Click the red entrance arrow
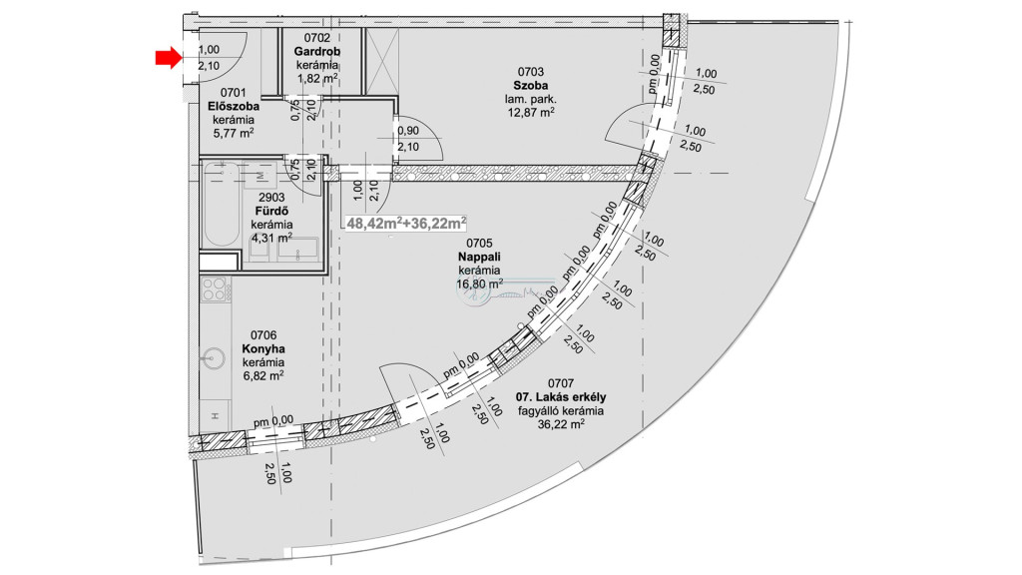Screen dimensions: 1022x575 168,59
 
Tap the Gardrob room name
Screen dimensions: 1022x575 316,52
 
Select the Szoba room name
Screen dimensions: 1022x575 531,86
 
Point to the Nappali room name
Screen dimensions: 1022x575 479,257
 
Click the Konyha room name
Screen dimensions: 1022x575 263,349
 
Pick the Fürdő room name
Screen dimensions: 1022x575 271,212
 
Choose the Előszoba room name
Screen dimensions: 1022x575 234,106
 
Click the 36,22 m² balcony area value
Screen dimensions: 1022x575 561,423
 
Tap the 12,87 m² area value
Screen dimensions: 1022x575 531,112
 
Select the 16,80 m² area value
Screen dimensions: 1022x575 479,284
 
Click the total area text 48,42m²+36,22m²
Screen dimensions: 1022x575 407,223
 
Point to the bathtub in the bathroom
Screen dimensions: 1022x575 221,205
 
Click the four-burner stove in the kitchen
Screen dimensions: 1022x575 215,289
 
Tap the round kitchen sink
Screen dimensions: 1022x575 213,358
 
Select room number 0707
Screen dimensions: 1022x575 561,383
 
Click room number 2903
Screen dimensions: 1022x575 271,198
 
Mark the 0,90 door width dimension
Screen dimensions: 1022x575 408,131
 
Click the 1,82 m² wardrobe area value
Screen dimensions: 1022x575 317,78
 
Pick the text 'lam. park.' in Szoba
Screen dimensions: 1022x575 531,99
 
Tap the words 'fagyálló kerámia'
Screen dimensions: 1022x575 561,410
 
